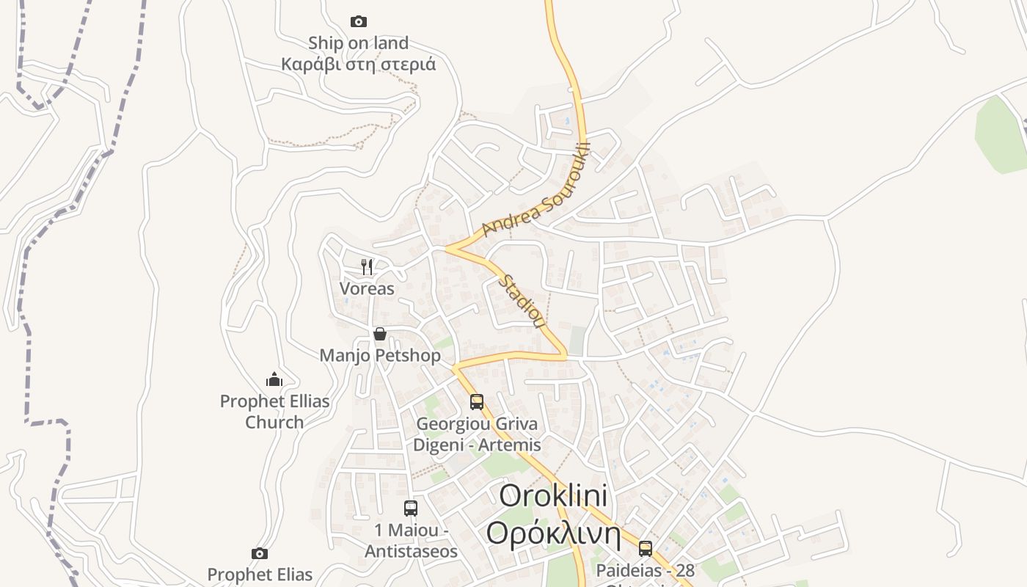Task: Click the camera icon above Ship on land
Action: click(358, 22)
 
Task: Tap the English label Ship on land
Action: click(358, 43)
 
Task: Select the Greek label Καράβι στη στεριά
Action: click(358, 65)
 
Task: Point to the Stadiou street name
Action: click(522, 302)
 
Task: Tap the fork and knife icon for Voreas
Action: click(367, 267)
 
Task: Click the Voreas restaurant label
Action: click(367, 288)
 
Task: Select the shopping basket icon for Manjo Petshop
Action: click(379, 335)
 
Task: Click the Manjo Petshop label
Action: click(380, 356)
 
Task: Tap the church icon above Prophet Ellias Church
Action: click(274, 379)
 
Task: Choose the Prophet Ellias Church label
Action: click(275, 412)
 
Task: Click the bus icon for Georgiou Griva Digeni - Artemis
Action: click(477, 402)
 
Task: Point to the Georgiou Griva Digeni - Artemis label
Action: click(477, 434)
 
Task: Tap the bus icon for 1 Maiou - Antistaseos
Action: click(411, 508)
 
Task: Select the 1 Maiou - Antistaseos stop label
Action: click(411, 541)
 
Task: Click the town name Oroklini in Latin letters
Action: click(553, 496)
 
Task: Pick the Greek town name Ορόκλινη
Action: click(553, 534)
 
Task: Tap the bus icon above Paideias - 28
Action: click(646, 549)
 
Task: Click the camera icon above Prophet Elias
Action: click(259, 554)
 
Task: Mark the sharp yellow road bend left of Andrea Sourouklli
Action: click(449, 249)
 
